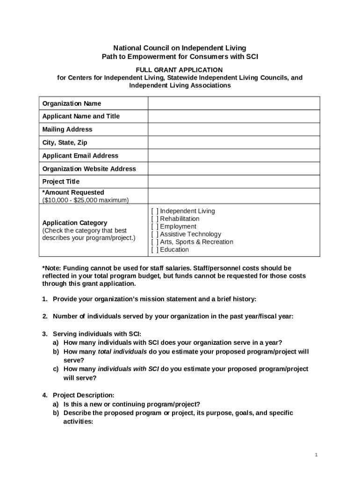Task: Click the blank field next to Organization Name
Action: [234, 103]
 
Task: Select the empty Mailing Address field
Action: [234, 130]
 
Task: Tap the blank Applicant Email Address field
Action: [234, 156]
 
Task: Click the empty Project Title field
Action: [234, 181]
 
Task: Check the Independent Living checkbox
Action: [155, 211]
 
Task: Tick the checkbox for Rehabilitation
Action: [155, 219]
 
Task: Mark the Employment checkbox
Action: [155, 226]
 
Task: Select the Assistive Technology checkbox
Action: [155, 234]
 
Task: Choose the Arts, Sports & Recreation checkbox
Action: [155, 242]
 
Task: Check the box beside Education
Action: [155, 250]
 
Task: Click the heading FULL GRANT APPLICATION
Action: [180, 70]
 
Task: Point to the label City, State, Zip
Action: [65, 143]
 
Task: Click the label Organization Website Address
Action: [89, 169]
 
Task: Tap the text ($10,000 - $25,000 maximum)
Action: [85, 200]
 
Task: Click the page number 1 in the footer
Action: [317, 455]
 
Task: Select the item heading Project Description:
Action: [83, 395]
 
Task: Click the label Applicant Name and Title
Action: [81, 116]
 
